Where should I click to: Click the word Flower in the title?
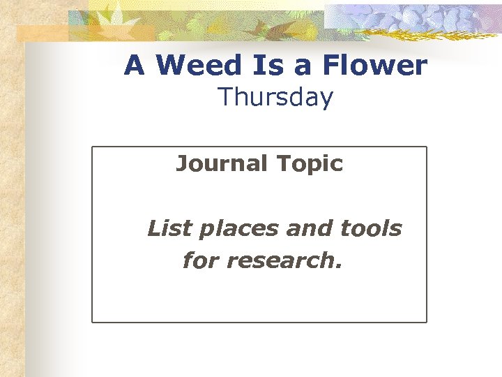click(374, 66)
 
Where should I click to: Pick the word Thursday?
click(275, 98)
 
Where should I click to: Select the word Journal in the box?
click(222, 164)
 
